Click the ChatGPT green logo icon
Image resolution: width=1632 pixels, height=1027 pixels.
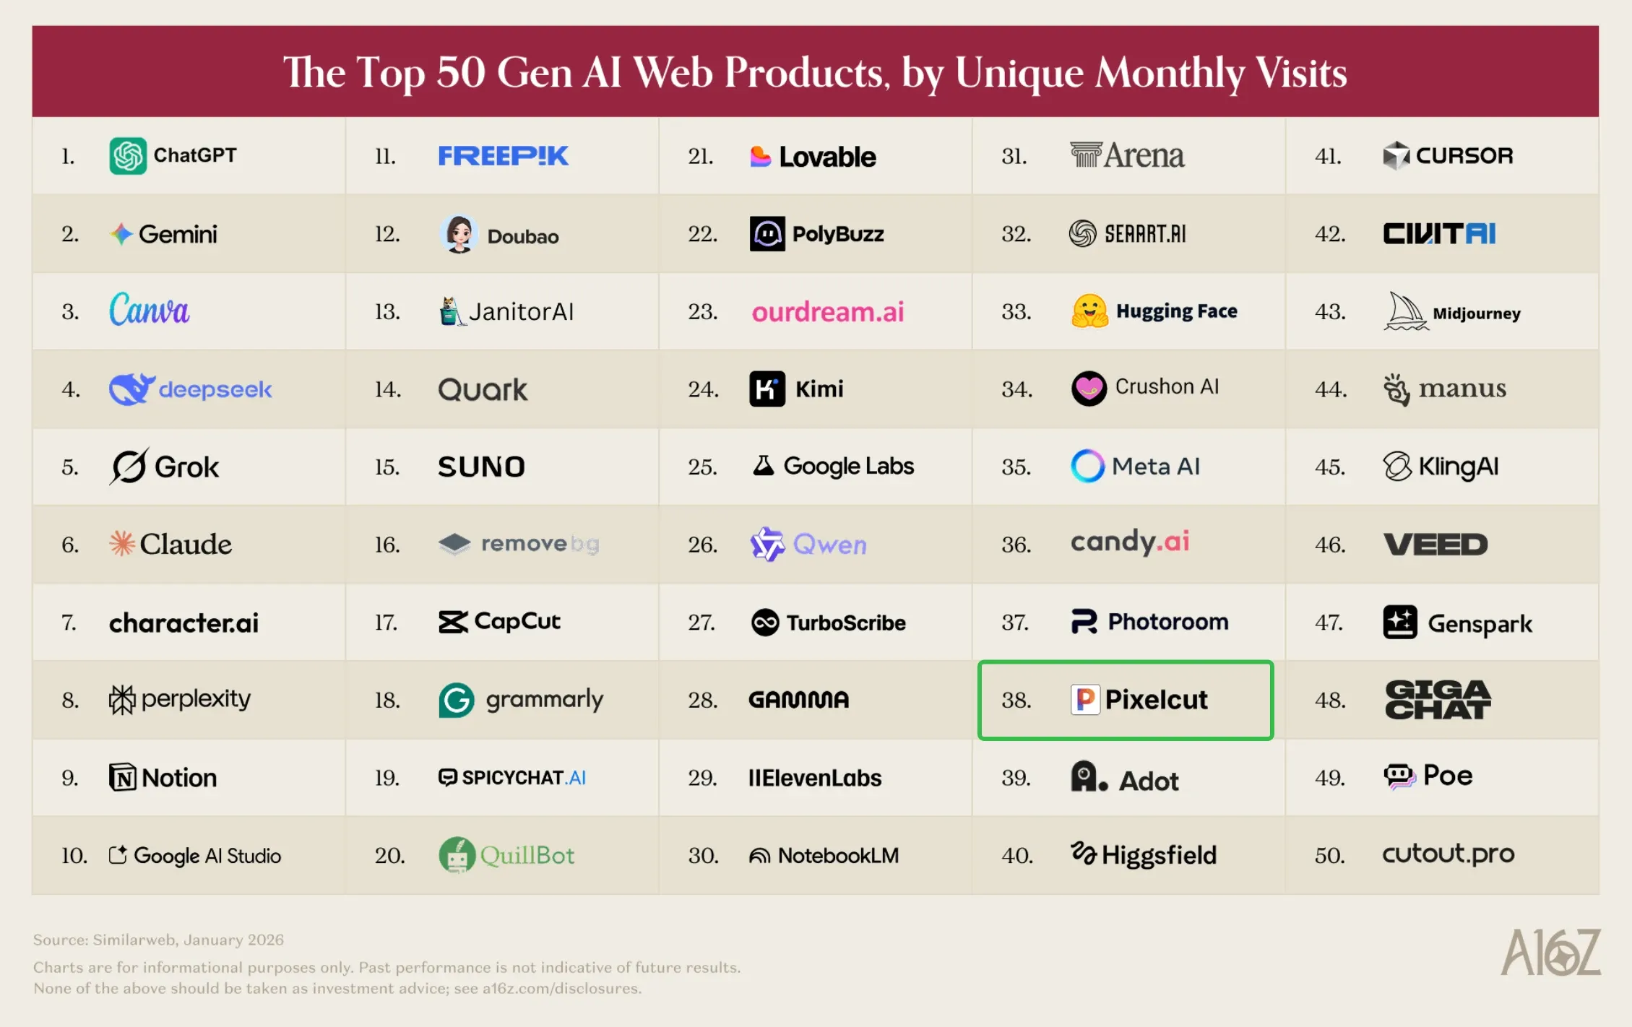128,155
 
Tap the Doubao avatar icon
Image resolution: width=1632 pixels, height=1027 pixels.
459,233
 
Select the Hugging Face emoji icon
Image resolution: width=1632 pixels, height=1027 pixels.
1089,311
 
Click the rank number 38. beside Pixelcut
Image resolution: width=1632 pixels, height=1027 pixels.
1016,700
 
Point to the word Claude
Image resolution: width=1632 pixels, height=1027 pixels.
186,544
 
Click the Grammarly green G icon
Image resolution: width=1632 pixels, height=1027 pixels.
457,700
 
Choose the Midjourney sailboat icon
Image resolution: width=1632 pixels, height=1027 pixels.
1406,311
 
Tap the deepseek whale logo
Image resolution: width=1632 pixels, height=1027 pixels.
131,389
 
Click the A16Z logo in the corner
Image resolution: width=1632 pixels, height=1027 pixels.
1550,952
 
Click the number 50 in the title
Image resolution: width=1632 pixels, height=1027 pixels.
460,72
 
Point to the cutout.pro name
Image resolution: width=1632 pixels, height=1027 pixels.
1448,854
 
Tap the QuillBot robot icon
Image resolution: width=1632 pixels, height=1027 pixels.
457,855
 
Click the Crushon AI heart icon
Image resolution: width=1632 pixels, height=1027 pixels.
1089,389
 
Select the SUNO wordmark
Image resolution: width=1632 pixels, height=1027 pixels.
481,467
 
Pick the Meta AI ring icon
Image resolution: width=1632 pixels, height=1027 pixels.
1087,466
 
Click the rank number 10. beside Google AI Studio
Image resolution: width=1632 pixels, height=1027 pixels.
74,856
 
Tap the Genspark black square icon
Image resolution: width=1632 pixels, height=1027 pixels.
1400,622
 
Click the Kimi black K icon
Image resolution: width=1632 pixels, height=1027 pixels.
767,389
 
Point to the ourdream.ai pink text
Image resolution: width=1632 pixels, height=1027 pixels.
827,312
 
